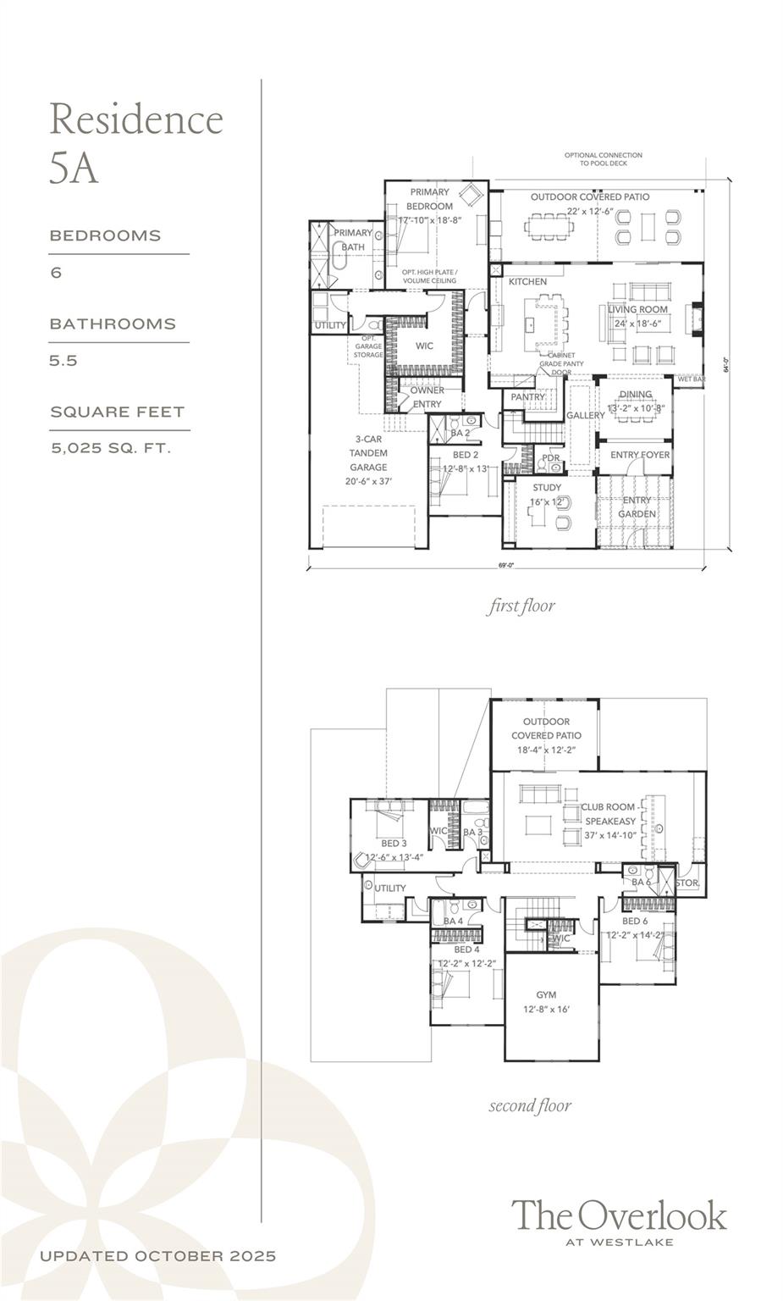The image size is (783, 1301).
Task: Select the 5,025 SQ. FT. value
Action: (111, 448)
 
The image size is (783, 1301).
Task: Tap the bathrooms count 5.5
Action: (63, 360)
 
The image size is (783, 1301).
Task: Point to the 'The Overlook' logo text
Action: (619, 1215)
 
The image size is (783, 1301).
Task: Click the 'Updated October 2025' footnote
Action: (157, 1256)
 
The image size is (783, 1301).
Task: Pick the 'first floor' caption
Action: (521, 606)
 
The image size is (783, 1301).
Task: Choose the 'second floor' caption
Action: (530, 1105)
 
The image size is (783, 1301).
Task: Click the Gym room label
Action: (546, 995)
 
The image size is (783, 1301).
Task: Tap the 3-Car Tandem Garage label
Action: (368, 460)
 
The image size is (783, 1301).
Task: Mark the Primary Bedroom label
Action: (430, 199)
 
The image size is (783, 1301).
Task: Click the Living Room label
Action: (637, 310)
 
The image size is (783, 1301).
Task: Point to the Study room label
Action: (547, 488)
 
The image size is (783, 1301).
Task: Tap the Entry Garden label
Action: (637, 507)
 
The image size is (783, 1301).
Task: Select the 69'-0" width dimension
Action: (506, 565)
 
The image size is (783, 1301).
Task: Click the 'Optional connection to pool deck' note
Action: (604, 159)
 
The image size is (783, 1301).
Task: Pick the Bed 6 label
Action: (635, 922)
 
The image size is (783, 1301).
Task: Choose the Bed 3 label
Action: (394, 844)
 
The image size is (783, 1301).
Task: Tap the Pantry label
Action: (528, 396)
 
